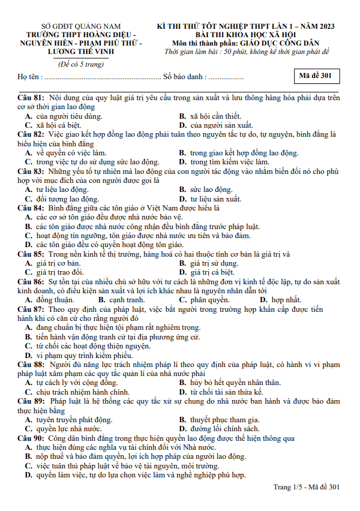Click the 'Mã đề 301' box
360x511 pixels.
(x=317, y=77)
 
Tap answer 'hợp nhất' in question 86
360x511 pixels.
(x=286, y=299)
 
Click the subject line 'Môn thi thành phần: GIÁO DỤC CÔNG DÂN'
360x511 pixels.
(x=246, y=43)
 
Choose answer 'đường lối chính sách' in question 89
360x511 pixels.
(x=224, y=429)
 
